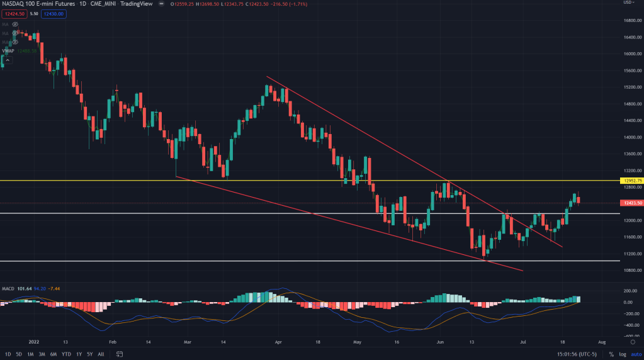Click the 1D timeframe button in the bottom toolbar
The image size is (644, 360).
[x=7, y=354]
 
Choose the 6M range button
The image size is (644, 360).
[x=54, y=354]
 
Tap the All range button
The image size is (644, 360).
[x=101, y=354]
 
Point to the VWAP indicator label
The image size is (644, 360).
[x=9, y=51]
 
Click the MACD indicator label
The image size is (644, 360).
[x=9, y=289]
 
